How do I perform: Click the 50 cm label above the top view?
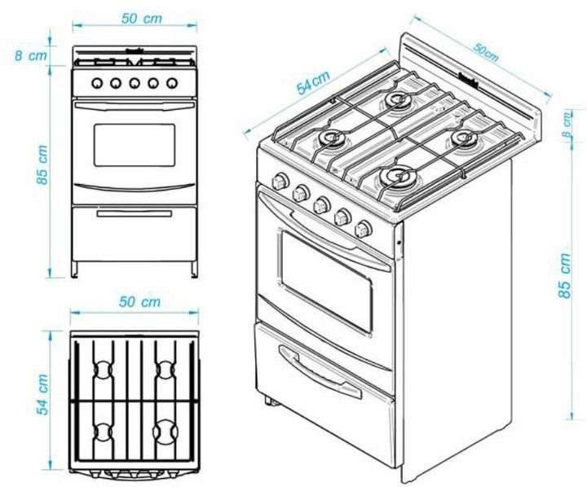pyautogui.click(x=139, y=302)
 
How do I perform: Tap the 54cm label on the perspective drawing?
pyautogui.click(x=314, y=83)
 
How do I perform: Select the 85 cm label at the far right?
pyautogui.click(x=565, y=274)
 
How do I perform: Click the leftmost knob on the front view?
pyautogui.click(x=96, y=83)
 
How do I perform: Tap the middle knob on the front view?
pyautogui.click(x=134, y=83)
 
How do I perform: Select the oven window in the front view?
pyautogui.click(x=134, y=145)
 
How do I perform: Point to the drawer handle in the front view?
pyautogui.click(x=134, y=213)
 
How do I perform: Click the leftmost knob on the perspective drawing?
pyautogui.click(x=281, y=180)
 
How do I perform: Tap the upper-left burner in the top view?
pyautogui.click(x=103, y=369)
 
